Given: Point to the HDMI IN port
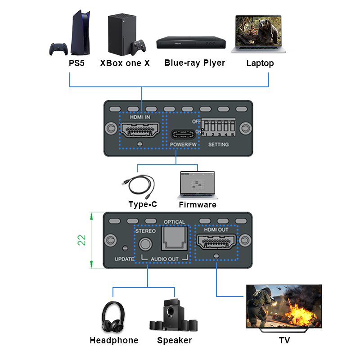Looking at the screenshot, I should point(140,132).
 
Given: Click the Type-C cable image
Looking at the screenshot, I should point(139,185).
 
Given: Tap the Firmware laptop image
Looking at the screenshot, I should point(197,184).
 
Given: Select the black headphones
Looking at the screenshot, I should point(113,318).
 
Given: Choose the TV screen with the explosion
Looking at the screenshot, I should point(283,306).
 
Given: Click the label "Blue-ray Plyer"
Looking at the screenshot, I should point(194,63).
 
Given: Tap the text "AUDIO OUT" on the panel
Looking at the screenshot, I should point(165,259).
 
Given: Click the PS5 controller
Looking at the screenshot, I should point(58,48).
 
